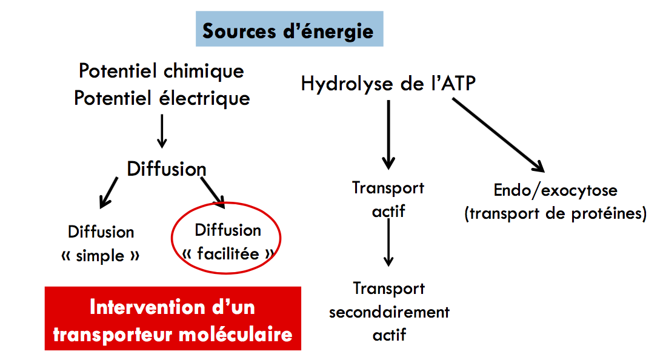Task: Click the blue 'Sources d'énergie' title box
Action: pos(288,30)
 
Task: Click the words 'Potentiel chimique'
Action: pos(161,71)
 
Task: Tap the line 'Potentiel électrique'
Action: pos(162,98)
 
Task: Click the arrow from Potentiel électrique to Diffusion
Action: pos(161,130)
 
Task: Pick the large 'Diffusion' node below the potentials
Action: pos(166,168)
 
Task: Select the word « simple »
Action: pos(101,256)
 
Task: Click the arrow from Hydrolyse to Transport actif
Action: pos(388,135)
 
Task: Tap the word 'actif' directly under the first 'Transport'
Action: pos(388,212)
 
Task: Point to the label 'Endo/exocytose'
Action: pos(555,190)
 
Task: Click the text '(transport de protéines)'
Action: pos(555,214)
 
